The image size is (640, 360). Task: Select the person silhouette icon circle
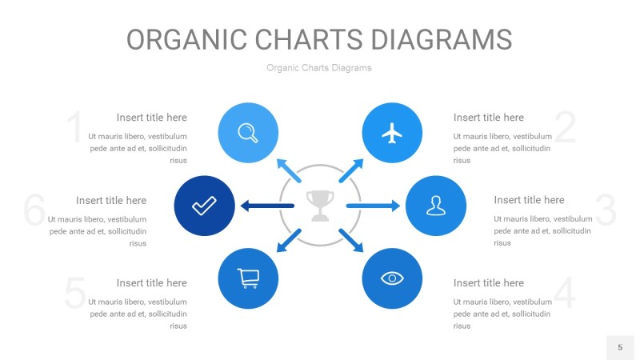point(435,206)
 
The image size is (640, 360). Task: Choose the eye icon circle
point(392,278)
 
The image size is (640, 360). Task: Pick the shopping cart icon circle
point(248,278)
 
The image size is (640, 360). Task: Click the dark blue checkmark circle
point(204,206)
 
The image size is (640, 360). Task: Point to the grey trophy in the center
point(320,206)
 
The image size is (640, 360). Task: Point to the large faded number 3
point(606,210)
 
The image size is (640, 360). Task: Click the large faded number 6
point(34,210)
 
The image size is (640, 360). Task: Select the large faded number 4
point(565,294)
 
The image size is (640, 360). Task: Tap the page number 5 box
point(619,347)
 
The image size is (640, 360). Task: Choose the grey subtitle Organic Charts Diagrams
point(319,68)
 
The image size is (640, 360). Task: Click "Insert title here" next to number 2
point(488,118)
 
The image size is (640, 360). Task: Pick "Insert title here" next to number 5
point(151,282)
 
